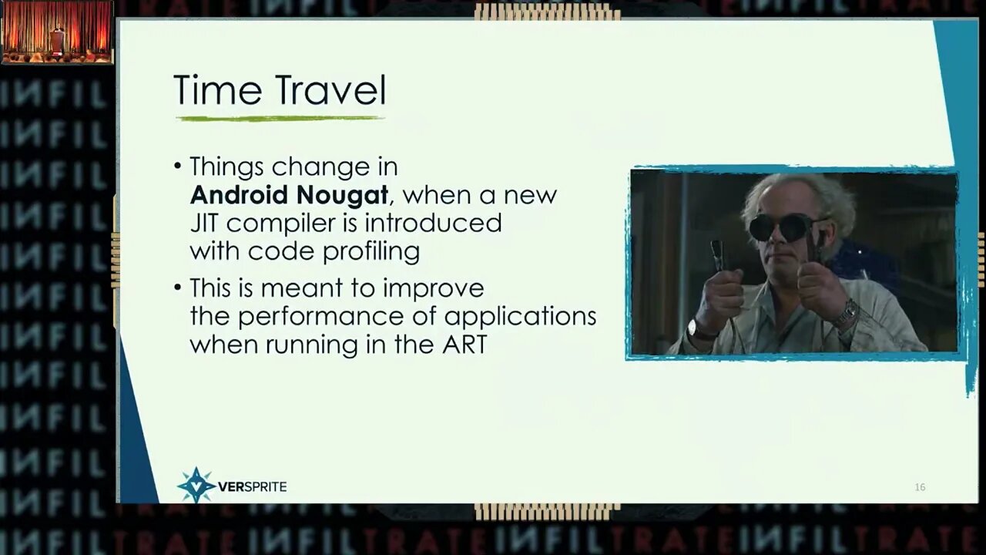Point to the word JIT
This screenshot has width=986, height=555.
pyautogui.click(x=204, y=223)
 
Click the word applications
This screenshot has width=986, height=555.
pyautogui.click(x=520, y=317)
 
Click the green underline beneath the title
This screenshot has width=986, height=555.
pyautogui.click(x=280, y=119)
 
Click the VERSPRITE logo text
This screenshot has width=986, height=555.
pyautogui.click(x=252, y=486)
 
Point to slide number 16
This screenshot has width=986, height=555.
pyautogui.click(x=920, y=487)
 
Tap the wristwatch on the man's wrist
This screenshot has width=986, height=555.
pyautogui.click(x=699, y=330)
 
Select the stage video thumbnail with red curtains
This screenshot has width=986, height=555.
pyautogui.click(x=57, y=32)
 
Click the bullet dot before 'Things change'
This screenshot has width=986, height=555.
pyautogui.click(x=178, y=166)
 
